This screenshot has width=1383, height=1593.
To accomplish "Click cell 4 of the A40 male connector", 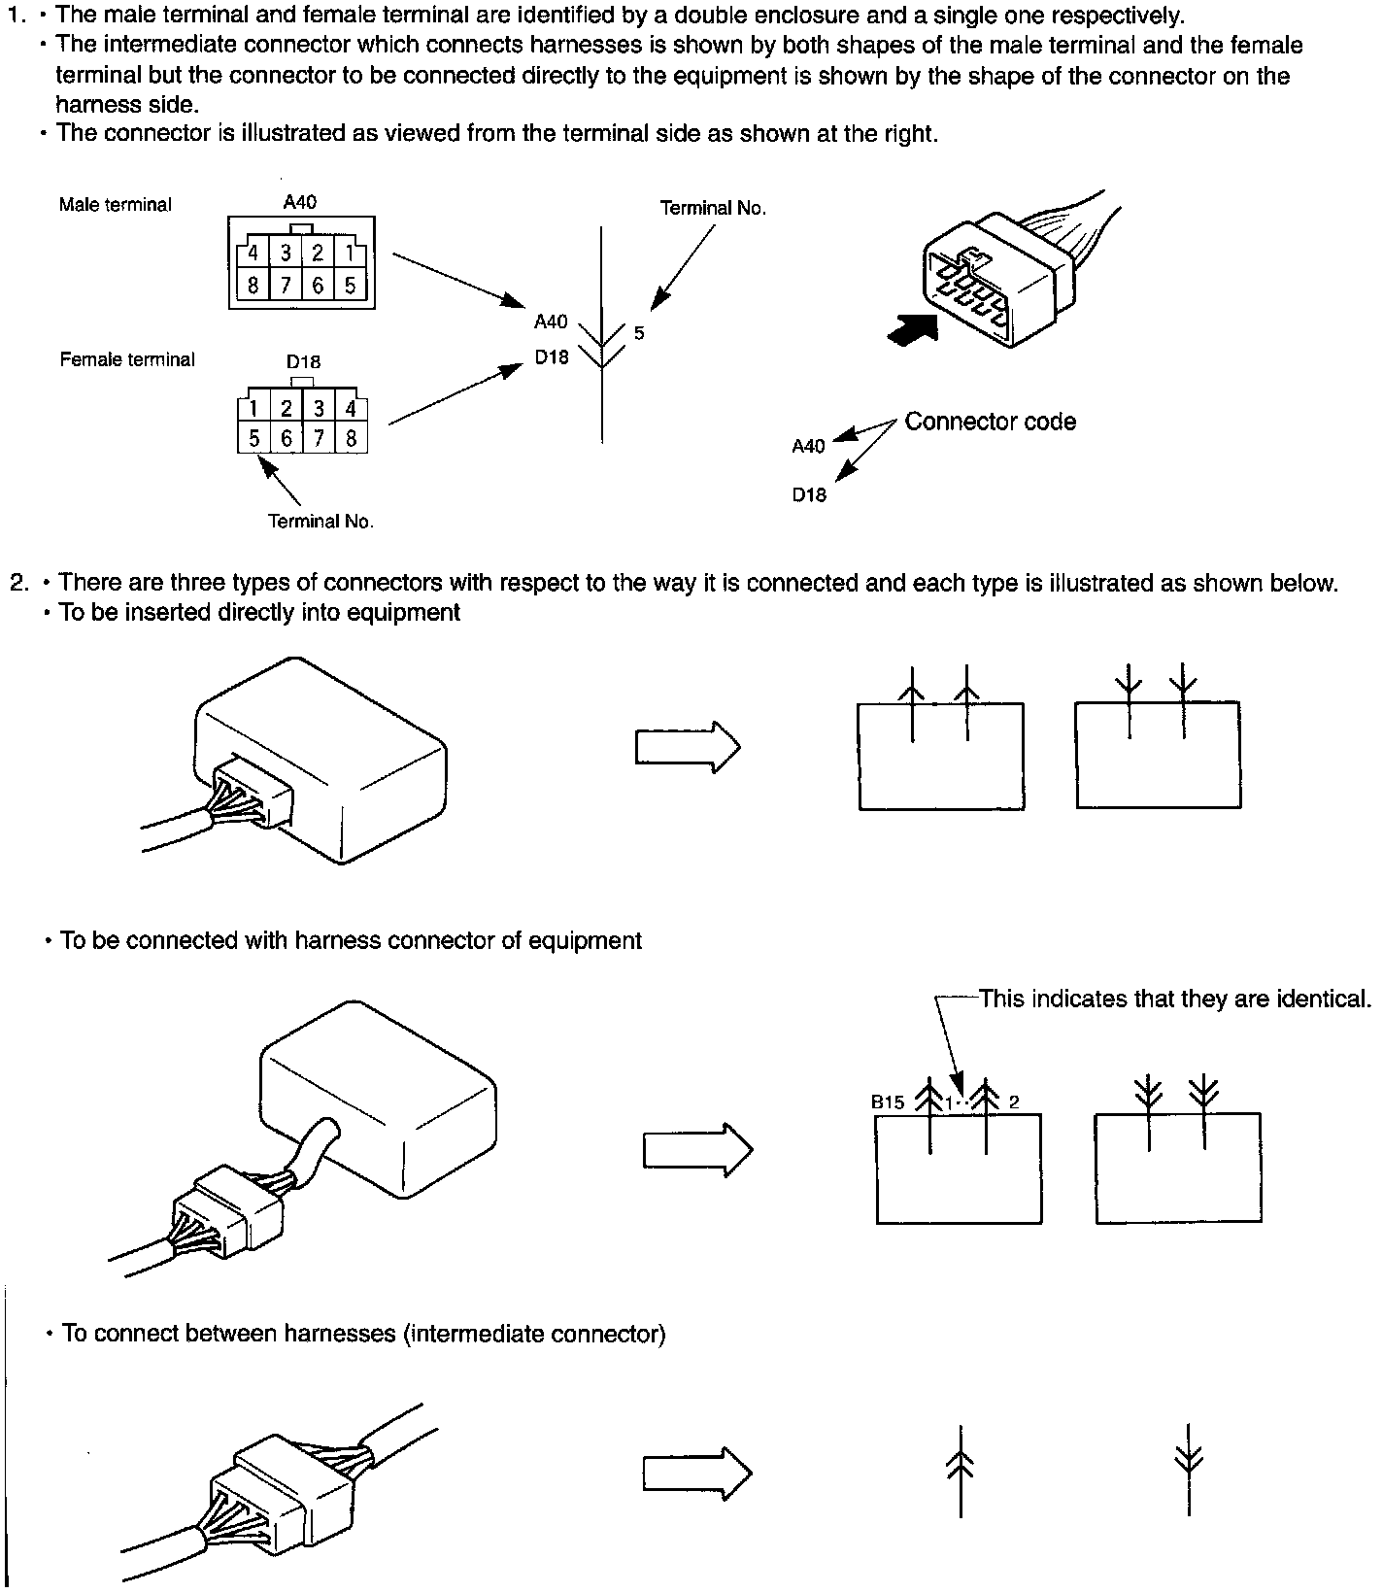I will (253, 254).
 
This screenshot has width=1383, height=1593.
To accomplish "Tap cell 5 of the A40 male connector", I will (350, 286).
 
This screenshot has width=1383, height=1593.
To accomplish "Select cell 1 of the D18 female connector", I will (254, 409).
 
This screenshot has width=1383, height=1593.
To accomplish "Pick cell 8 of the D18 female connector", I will (352, 439).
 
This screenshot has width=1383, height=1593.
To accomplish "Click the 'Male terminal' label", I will (115, 205).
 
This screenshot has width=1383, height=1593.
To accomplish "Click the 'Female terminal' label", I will (127, 359).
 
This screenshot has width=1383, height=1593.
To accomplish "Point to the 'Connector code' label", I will (990, 422).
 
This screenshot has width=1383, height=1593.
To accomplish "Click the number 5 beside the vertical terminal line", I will (639, 333).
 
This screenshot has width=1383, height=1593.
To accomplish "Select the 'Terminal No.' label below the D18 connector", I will (320, 522).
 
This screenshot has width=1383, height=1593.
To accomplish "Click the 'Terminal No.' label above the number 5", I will (713, 208).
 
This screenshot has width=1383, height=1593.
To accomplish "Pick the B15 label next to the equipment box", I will (888, 1102).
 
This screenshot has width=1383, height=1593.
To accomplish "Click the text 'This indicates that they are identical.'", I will (1175, 999).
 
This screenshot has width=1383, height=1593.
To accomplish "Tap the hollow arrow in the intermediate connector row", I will (697, 1474).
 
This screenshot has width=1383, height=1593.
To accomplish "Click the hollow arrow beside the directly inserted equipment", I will (688, 747).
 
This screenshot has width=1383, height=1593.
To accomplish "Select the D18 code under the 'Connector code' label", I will (808, 495).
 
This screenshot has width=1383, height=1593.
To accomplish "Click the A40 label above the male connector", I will (299, 202).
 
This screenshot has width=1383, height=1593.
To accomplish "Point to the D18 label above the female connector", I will (303, 361).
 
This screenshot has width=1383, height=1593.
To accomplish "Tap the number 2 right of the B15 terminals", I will (1014, 1102).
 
